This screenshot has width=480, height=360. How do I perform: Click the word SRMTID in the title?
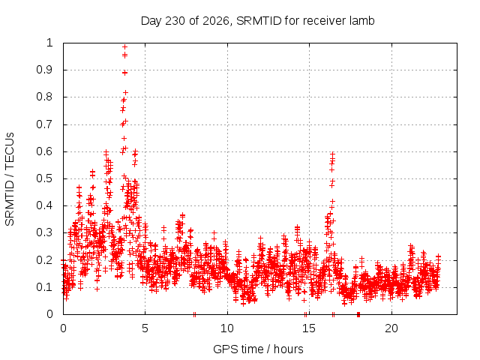point(259,21)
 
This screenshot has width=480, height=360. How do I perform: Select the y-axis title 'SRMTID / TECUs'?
point(10,179)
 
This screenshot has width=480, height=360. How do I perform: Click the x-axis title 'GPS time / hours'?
point(258,349)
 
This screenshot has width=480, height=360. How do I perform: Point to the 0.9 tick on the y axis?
point(45,70)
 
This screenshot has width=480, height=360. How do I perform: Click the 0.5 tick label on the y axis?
point(45,178)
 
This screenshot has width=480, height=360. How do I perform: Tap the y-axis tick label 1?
point(49,43)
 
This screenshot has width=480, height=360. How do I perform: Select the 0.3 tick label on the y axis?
point(45,232)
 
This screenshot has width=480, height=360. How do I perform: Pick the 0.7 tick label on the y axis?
point(45,124)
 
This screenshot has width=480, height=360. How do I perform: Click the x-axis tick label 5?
point(145,328)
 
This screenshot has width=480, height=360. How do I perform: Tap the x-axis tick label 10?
point(227,328)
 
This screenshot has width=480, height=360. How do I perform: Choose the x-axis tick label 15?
point(309,328)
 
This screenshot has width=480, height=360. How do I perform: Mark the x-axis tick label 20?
point(391,328)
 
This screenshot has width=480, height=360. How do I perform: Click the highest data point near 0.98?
point(124,46)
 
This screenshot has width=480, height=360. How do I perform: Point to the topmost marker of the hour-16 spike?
point(332,154)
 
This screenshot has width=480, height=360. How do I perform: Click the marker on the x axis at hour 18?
point(358,314)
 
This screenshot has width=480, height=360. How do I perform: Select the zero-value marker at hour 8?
point(194,314)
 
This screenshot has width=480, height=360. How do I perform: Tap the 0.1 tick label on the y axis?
point(45,287)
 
